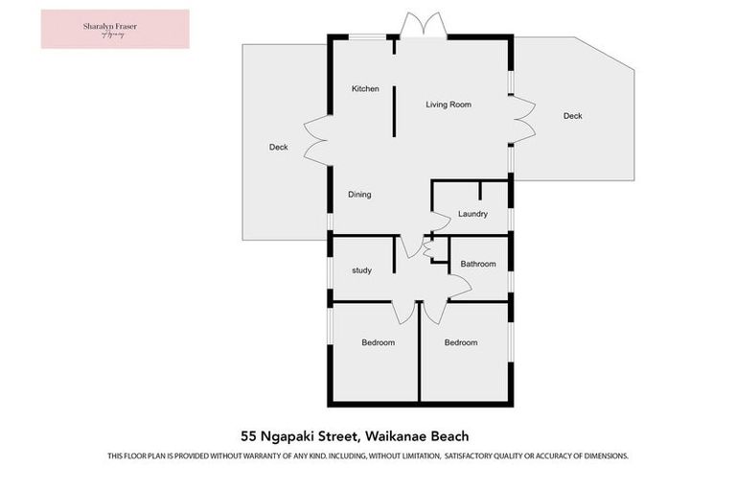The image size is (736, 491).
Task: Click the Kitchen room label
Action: pyautogui.click(x=365, y=89)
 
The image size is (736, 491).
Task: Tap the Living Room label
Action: pyautogui.click(x=448, y=105)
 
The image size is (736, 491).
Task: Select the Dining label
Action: pyautogui.click(x=359, y=195)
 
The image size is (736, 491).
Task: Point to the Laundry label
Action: pyautogui.click(x=473, y=214)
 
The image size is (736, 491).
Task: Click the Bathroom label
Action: pyautogui.click(x=478, y=264)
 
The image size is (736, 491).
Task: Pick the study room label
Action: pyautogui.click(x=361, y=270)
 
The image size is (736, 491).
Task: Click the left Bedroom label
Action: pyautogui.click(x=378, y=342)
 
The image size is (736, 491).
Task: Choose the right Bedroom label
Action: pyautogui.click(x=460, y=342)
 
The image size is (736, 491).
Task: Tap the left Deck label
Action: pyautogui.click(x=279, y=148)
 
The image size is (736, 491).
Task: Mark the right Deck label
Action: pyautogui.click(x=572, y=116)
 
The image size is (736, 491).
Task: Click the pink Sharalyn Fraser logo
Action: pyautogui.click(x=115, y=29)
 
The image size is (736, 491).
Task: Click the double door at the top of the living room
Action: pyautogui.click(x=421, y=27)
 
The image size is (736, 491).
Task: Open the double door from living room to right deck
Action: pyautogui.click(x=523, y=121)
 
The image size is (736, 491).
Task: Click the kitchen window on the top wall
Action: pyautogui.click(x=361, y=37)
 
